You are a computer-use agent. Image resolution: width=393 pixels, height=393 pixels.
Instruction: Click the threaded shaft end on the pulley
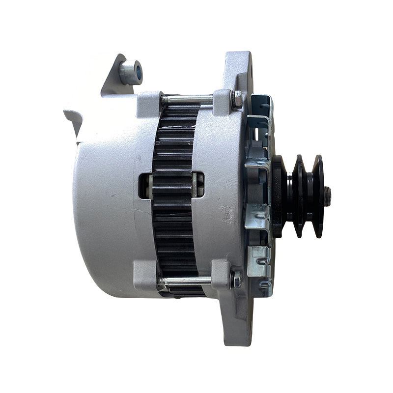click(327, 196)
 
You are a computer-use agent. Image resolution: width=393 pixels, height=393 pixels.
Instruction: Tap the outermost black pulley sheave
click(318, 196)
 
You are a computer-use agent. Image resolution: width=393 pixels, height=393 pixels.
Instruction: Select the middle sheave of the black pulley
click(298, 196)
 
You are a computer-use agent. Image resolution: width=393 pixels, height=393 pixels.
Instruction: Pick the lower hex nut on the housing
click(236, 280)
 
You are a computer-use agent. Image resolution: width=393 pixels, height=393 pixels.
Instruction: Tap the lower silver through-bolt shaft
click(186, 281)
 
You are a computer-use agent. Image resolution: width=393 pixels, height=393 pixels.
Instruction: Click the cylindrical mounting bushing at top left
click(131, 72)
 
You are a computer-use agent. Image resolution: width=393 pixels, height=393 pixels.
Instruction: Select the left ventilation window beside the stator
click(145, 185)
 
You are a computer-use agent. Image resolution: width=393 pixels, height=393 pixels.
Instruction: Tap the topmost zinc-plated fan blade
click(260, 106)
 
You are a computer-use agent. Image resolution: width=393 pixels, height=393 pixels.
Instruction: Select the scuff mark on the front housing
click(227, 214)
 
